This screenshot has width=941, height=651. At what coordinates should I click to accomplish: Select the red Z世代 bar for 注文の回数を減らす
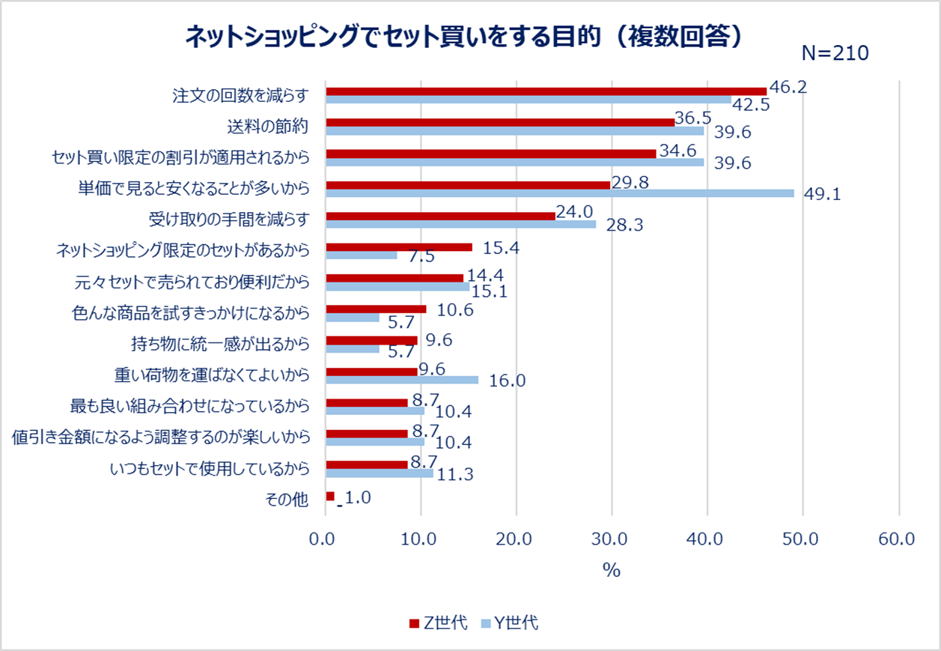tap(546, 91)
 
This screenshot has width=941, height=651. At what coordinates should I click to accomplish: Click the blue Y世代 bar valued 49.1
tap(560, 193)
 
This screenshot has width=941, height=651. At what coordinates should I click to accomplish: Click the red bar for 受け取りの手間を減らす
tap(440, 216)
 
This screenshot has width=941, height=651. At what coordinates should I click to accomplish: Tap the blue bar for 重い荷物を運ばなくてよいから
tap(402, 380)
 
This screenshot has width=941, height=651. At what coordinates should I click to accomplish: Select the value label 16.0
tap(507, 381)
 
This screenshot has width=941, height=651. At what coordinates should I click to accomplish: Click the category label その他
tap(287, 500)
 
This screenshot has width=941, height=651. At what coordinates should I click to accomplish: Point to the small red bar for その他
tap(330, 496)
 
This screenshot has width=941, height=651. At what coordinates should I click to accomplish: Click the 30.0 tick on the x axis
tap(612, 539)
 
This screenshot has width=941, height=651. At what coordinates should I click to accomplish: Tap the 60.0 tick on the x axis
tap(898, 539)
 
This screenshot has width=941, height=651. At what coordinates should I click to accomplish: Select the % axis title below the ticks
tap(612, 570)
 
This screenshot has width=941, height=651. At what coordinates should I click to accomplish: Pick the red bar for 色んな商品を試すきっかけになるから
tap(376, 309)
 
